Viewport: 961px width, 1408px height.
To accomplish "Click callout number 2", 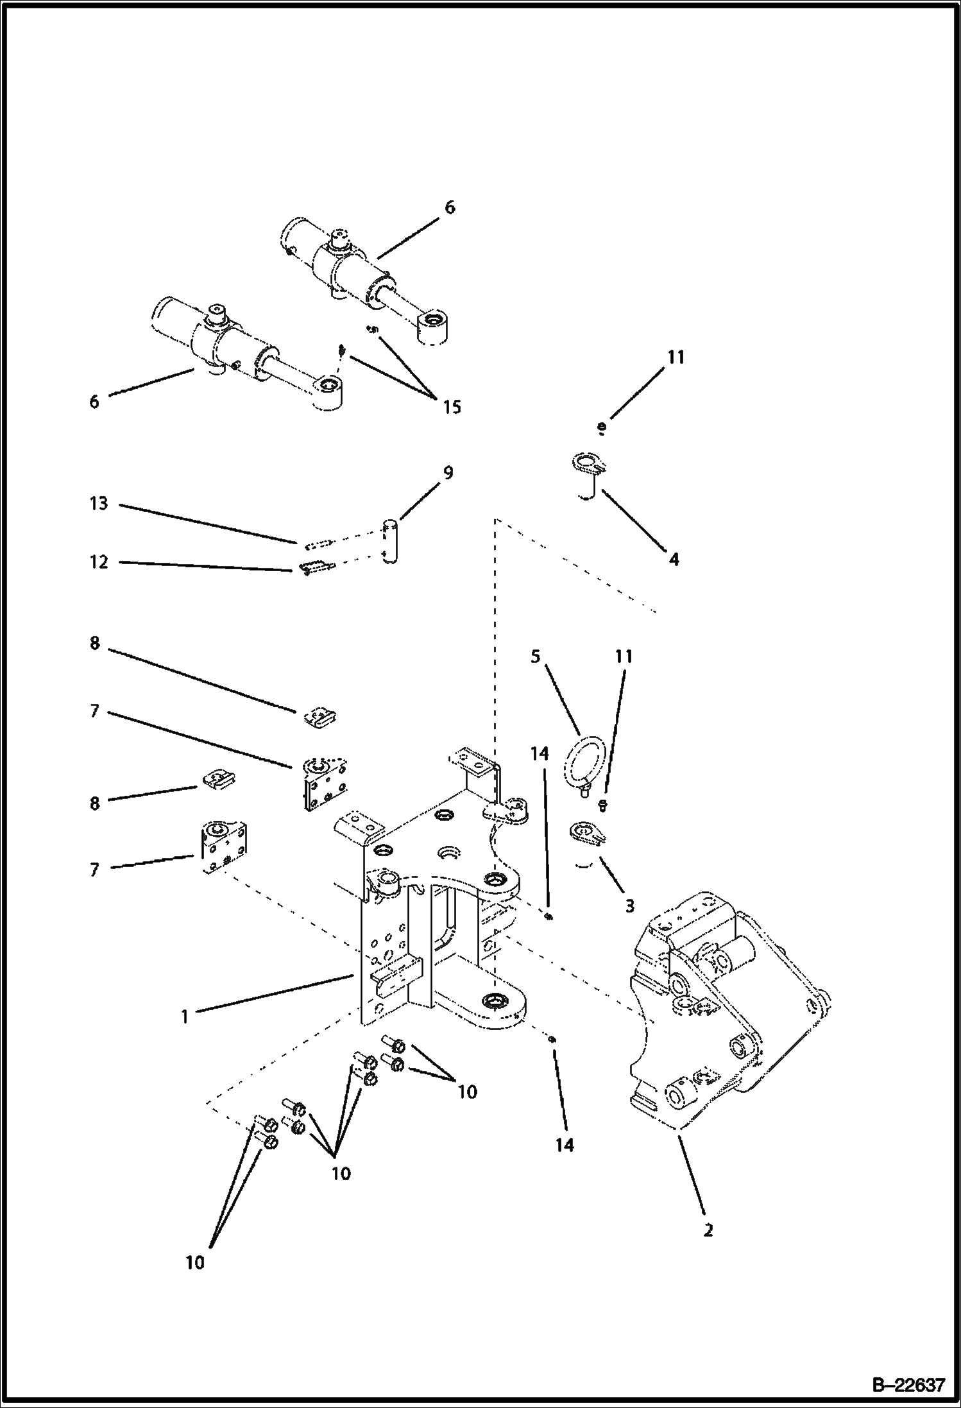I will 708,1230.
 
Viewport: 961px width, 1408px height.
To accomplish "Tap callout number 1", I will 185,1017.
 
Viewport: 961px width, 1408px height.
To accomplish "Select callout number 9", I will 448,473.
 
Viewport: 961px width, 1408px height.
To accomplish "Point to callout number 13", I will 99,504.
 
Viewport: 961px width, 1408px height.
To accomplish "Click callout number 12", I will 99,562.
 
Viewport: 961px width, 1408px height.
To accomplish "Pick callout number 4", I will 674,560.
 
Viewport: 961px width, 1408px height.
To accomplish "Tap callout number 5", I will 536,657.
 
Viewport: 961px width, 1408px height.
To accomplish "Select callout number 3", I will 629,906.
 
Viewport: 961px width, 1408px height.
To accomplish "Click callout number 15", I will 452,407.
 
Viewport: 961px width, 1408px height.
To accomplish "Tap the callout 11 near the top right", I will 676,357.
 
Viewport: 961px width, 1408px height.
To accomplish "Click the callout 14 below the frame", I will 565,1145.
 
